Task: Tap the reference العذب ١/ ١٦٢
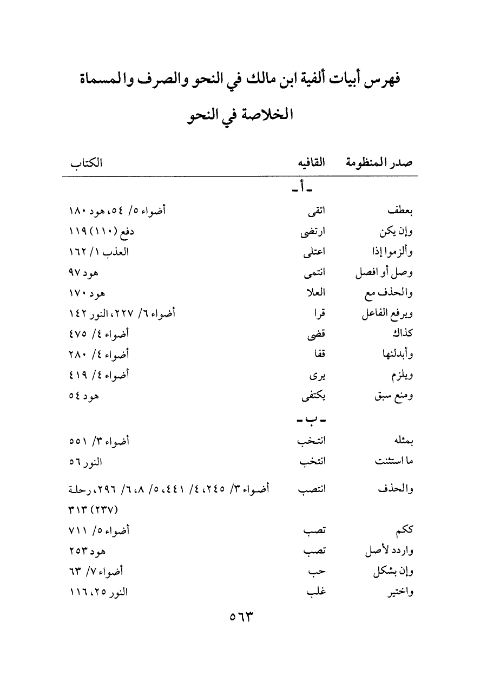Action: coord(99,252)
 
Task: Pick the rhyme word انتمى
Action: coord(314,273)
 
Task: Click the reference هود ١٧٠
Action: coord(87,293)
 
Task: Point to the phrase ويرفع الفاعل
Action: coord(385,314)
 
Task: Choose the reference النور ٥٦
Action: coord(87,462)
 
